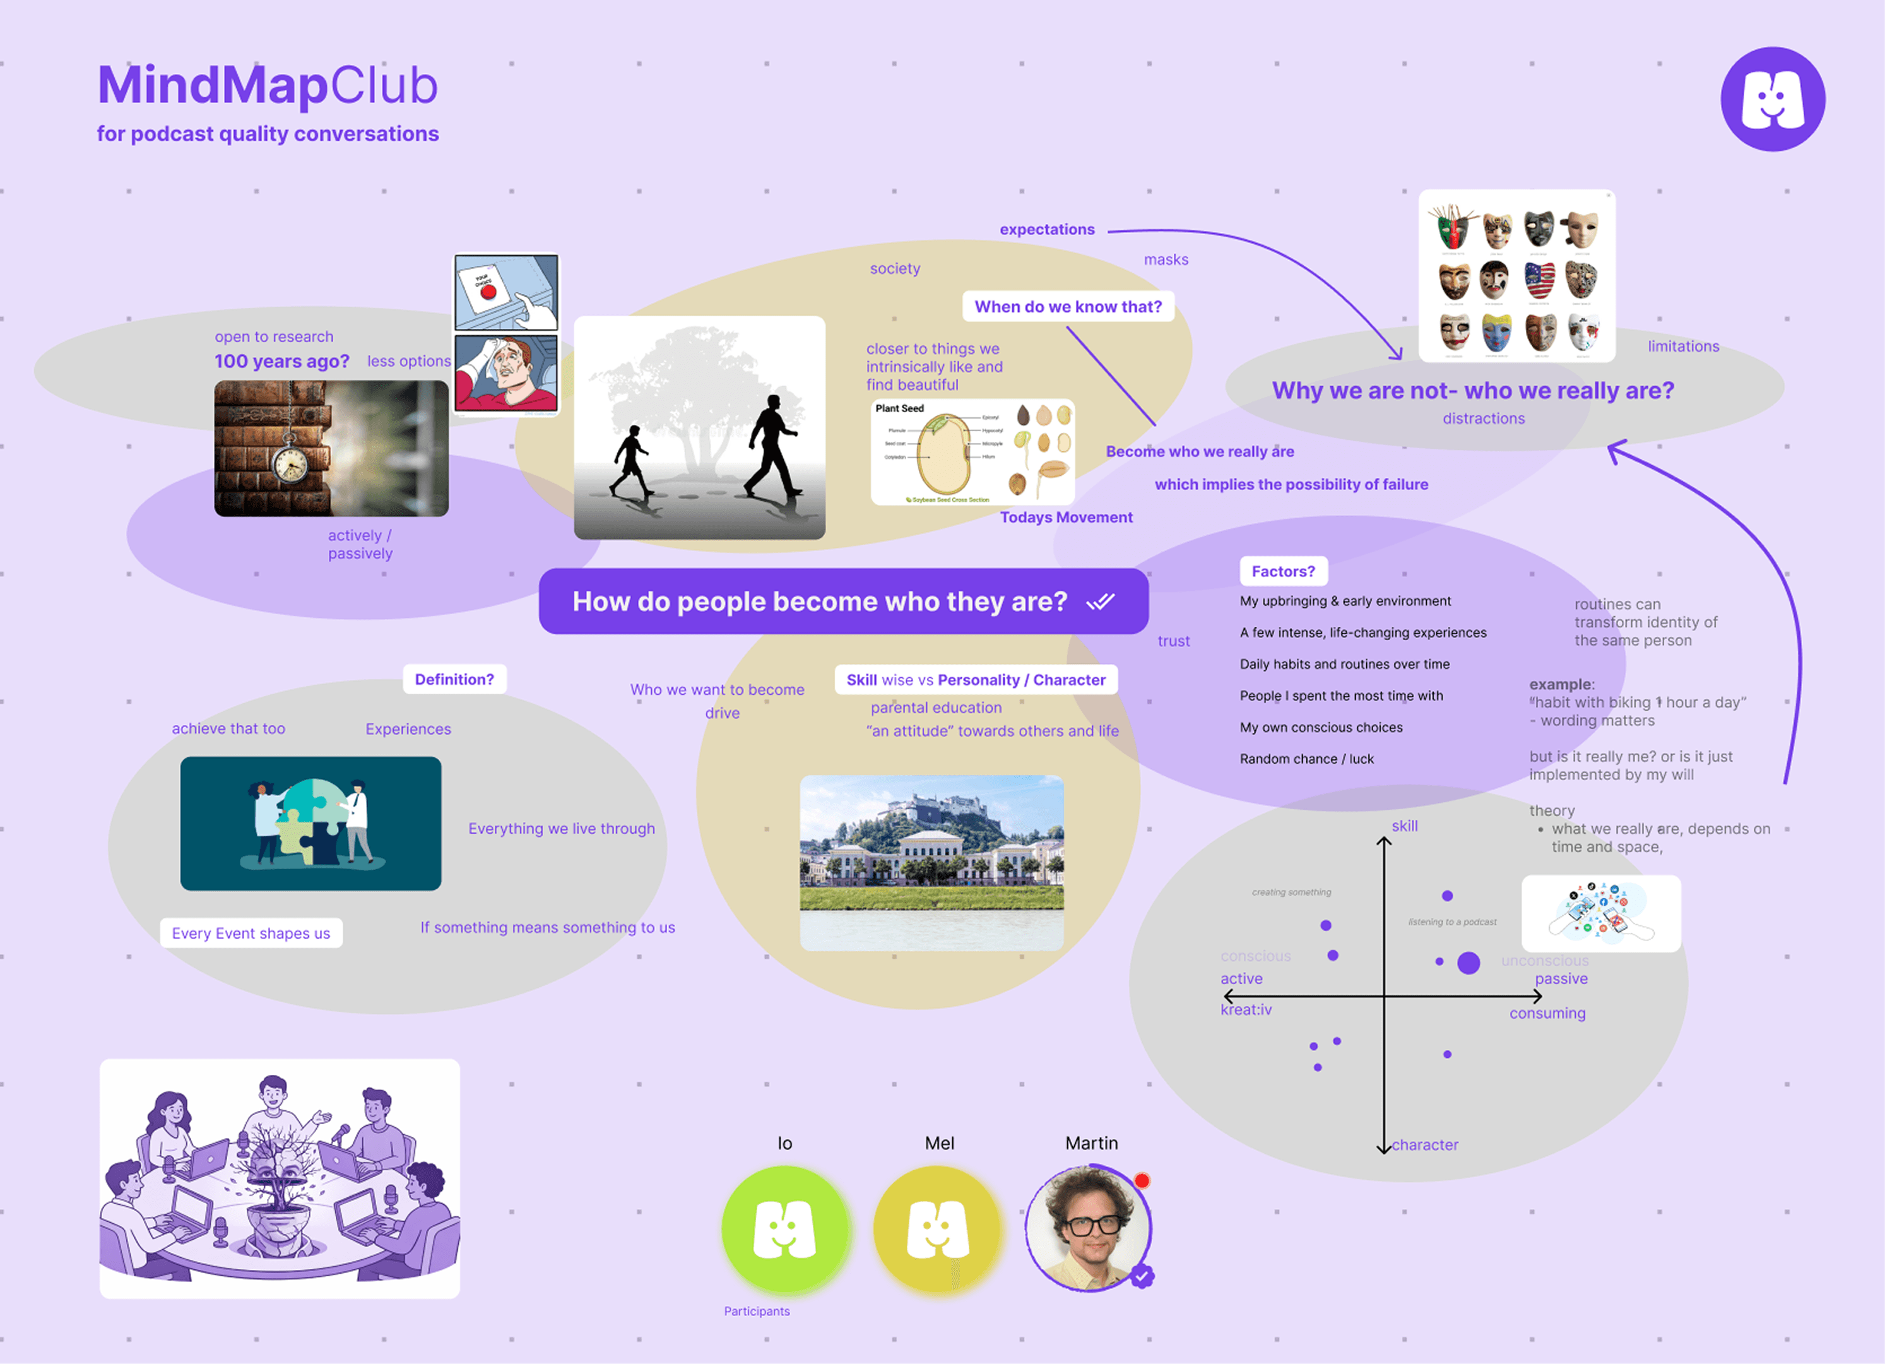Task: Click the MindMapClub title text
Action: (x=267, y=86)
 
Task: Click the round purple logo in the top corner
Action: (x=1772, y=99)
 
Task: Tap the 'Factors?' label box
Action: (x=1282, y=571)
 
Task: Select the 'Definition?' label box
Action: (x=454, y=679)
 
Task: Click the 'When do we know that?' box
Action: (x=1067, y=307)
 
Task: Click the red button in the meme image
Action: (x=488, y=292)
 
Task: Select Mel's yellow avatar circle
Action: (x=938, y=1228)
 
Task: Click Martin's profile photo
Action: (x=1089, y=1228)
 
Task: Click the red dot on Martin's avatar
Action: (x=1142, y=1180)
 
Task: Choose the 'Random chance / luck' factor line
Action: (x=1306, y=759)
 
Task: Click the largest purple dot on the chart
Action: (x=1468, y=963)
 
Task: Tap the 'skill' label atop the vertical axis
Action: (x=1405, y=826)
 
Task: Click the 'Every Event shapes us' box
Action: (x=251, y=933)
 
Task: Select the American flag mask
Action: (x=1539, y=280)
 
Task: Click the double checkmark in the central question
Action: (x=1101, y=602)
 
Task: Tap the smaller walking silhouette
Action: (x=632, y=461)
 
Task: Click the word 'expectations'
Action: (x=1046, y=229)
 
